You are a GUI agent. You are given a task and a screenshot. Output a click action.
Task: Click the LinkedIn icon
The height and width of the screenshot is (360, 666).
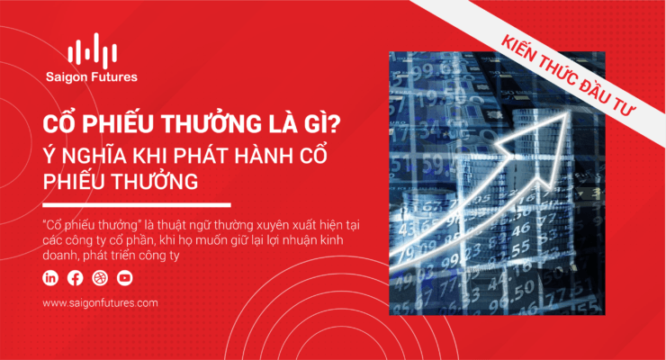(50, 278)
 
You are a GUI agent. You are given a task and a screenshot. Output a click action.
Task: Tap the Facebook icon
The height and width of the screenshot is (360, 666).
(76, 278)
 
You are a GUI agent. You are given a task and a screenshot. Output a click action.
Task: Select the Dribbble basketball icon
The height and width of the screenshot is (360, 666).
(100, 278)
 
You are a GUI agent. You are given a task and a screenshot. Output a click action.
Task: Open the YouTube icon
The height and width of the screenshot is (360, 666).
(125, 278)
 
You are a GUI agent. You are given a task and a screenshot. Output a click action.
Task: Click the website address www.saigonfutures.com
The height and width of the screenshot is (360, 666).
(100, 303)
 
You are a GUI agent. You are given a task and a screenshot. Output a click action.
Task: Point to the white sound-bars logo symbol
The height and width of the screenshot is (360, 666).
(92, 51)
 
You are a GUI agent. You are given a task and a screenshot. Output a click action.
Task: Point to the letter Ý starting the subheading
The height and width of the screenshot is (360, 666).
(49, 155)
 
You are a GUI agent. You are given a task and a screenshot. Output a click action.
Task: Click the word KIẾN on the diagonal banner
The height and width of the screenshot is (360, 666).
(520, 52)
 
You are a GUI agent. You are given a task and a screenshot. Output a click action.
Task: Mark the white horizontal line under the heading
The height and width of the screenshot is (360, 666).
(137, 205)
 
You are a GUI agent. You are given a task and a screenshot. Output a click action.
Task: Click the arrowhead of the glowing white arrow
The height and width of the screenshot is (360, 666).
(538, 145)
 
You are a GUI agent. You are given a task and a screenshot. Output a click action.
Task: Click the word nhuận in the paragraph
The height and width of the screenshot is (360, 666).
(301, 240)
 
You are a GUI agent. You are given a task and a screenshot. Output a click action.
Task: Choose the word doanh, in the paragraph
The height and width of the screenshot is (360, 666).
(61, 256)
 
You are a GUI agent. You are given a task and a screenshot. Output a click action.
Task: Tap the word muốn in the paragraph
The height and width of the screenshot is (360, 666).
(201, 240)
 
